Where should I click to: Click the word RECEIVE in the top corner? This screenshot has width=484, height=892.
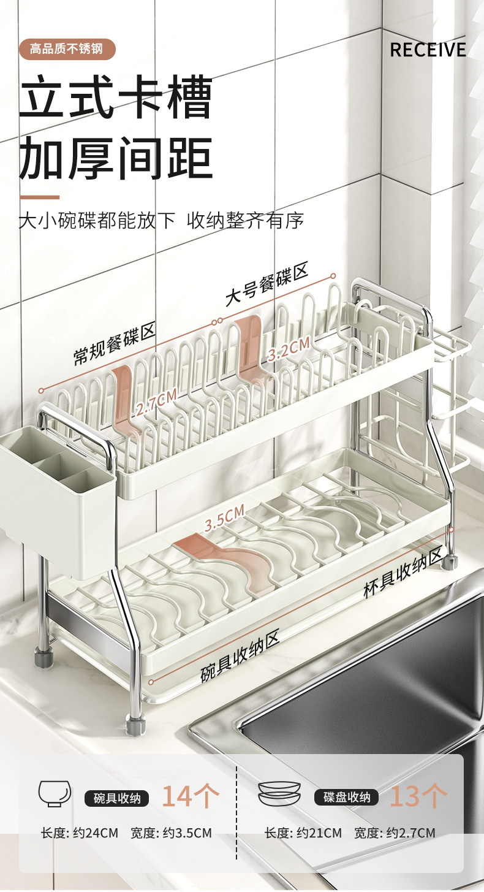point(428,50)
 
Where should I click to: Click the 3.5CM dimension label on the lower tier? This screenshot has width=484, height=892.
point(224,517)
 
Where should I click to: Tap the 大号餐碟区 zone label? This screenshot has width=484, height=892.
point(267,284)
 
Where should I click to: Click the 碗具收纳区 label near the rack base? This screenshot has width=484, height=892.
point(240,657)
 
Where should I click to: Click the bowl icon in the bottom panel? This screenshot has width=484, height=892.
point(55,795)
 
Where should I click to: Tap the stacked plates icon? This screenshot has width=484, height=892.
point(279,794)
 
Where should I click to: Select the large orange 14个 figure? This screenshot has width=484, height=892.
point(191,796)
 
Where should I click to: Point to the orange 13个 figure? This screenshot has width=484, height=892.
point(418,796)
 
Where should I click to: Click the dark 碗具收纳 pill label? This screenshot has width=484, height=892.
point(116,798)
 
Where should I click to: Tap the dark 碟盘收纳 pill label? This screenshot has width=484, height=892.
point(346,798)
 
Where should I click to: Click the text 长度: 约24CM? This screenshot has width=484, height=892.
point(79,833)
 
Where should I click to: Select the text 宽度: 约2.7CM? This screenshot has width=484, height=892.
point(395,833)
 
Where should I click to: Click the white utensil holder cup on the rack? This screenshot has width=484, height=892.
point(58,503)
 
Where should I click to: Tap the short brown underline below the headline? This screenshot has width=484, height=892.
point(39,197)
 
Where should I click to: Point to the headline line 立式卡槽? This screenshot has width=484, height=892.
point(116,98)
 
